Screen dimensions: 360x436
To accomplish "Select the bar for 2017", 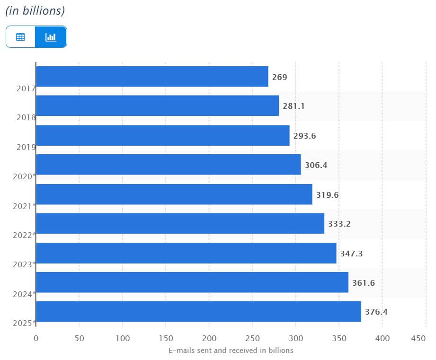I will [152, 77].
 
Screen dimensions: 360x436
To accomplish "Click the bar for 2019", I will [162, 135].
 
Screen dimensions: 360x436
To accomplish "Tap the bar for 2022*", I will [180, 223].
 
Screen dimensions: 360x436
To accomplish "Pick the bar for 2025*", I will [198, 311].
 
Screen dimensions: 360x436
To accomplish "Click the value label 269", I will [279, 77].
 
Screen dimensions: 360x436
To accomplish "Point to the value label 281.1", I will [294, 106].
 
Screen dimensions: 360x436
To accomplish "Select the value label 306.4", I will [316, 165].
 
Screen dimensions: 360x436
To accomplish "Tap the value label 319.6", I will [327, 195].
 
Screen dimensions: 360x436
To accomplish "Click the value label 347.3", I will [351, 254].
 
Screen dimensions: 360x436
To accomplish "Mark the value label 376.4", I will [376, 312].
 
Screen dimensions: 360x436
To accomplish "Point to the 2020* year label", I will [25, 176].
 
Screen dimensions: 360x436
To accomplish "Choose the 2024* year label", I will [25, 294].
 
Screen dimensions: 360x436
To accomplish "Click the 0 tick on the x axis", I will [36, 338].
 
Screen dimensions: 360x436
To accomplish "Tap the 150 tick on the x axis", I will [166, 338].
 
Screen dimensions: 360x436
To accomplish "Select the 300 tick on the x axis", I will [295, 338].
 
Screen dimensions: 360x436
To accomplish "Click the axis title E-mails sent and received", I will [231, 351].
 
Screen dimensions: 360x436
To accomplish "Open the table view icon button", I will [20, 37].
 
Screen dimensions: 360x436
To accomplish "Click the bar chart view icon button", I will [51, 37].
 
